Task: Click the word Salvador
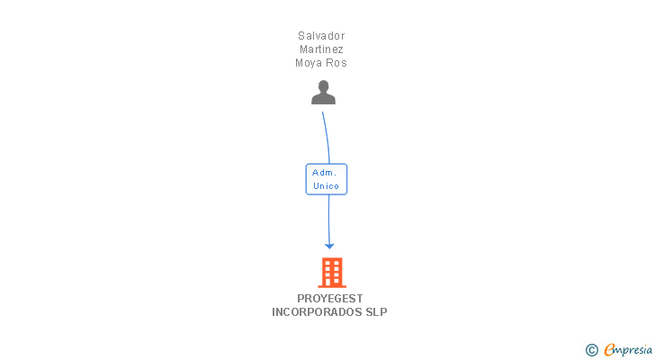321,36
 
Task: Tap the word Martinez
321,49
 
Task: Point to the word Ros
336,63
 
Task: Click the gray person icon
323,93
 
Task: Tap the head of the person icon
323,86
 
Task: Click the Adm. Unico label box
327,179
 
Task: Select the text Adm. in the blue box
324,173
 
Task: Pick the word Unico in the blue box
326,185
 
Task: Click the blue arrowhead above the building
329,246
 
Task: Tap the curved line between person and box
327,137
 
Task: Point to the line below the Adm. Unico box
328,220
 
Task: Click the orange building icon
332,273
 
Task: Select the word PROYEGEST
330,299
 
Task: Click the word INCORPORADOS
317,312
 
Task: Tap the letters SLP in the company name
376,312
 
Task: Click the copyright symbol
591,350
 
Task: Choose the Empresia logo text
628,350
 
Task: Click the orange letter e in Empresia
609,349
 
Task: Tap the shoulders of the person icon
323,99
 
